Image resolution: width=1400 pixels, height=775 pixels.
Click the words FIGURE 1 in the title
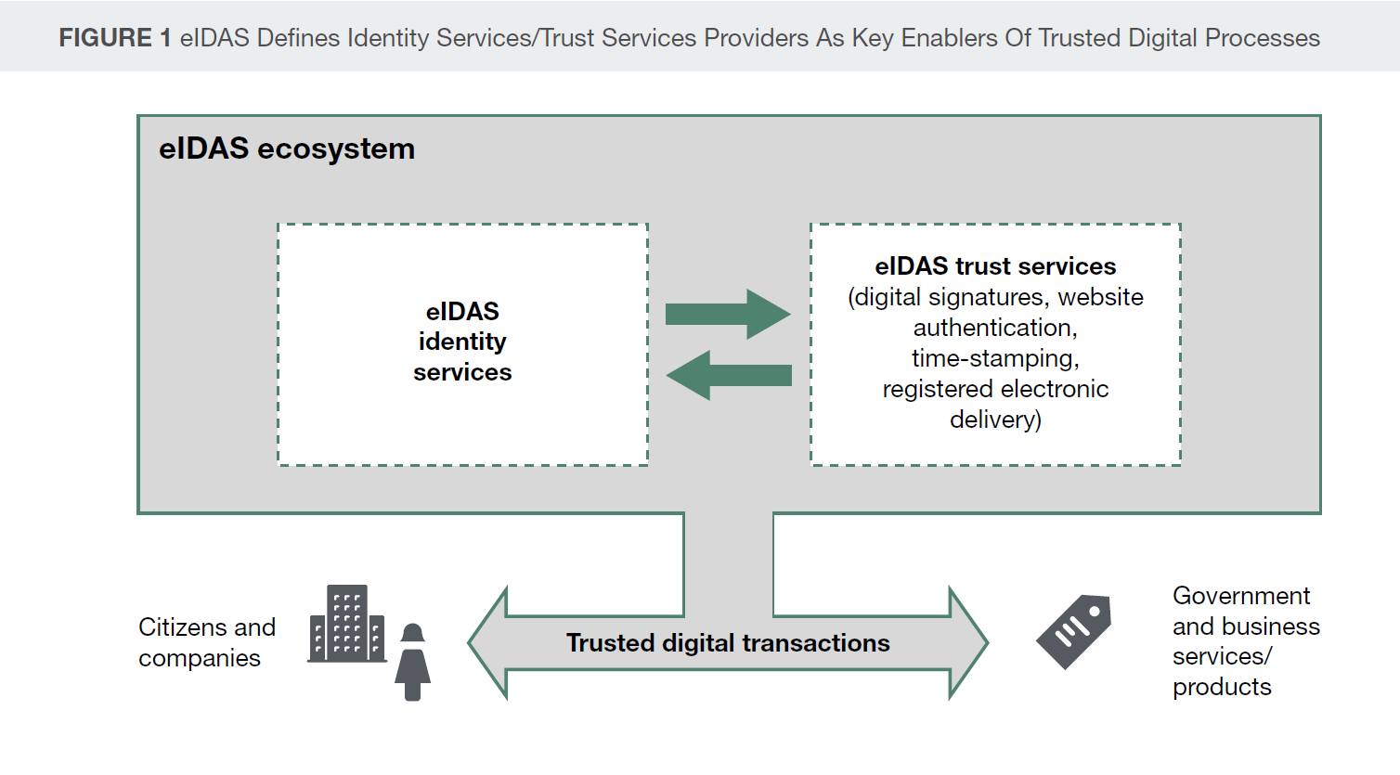pyautogui.click(x=114, y=38)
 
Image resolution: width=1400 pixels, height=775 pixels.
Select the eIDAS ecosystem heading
pyautogui.click(x=287, y=149)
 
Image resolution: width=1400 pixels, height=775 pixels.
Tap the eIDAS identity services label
pyautogui.click(x=462, y=342)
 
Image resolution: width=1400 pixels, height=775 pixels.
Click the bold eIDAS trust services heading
pyautogui.click(x=995, y=266)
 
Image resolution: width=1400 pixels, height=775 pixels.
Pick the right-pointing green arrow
pyautogui.click(x=728, y=314)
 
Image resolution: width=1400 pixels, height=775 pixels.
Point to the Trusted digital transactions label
pyautogui.click(x=728, y=643)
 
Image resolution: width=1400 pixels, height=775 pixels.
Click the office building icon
pyautogui.click(x=347, y=624)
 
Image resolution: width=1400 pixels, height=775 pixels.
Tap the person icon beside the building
pyautogui.click(x=413, y=662)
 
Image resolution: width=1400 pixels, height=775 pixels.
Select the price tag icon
pyautogui.click(x=1074, y=631)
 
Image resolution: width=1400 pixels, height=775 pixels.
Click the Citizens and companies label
pyautogui.click(x=206, y=642)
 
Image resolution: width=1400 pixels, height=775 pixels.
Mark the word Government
pyautogui.click(x=1241, y=596)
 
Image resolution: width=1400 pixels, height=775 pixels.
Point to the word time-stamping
pyautogui.click(x=995, y=358)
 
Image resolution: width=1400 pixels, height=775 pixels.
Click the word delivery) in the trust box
pyautogui.click(x=995, y=420)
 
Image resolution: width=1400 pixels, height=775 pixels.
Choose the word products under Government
pyautogui.click(x=1222, y=688)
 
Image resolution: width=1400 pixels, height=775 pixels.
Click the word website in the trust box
pyautogui.click(x=1101, y=297)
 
